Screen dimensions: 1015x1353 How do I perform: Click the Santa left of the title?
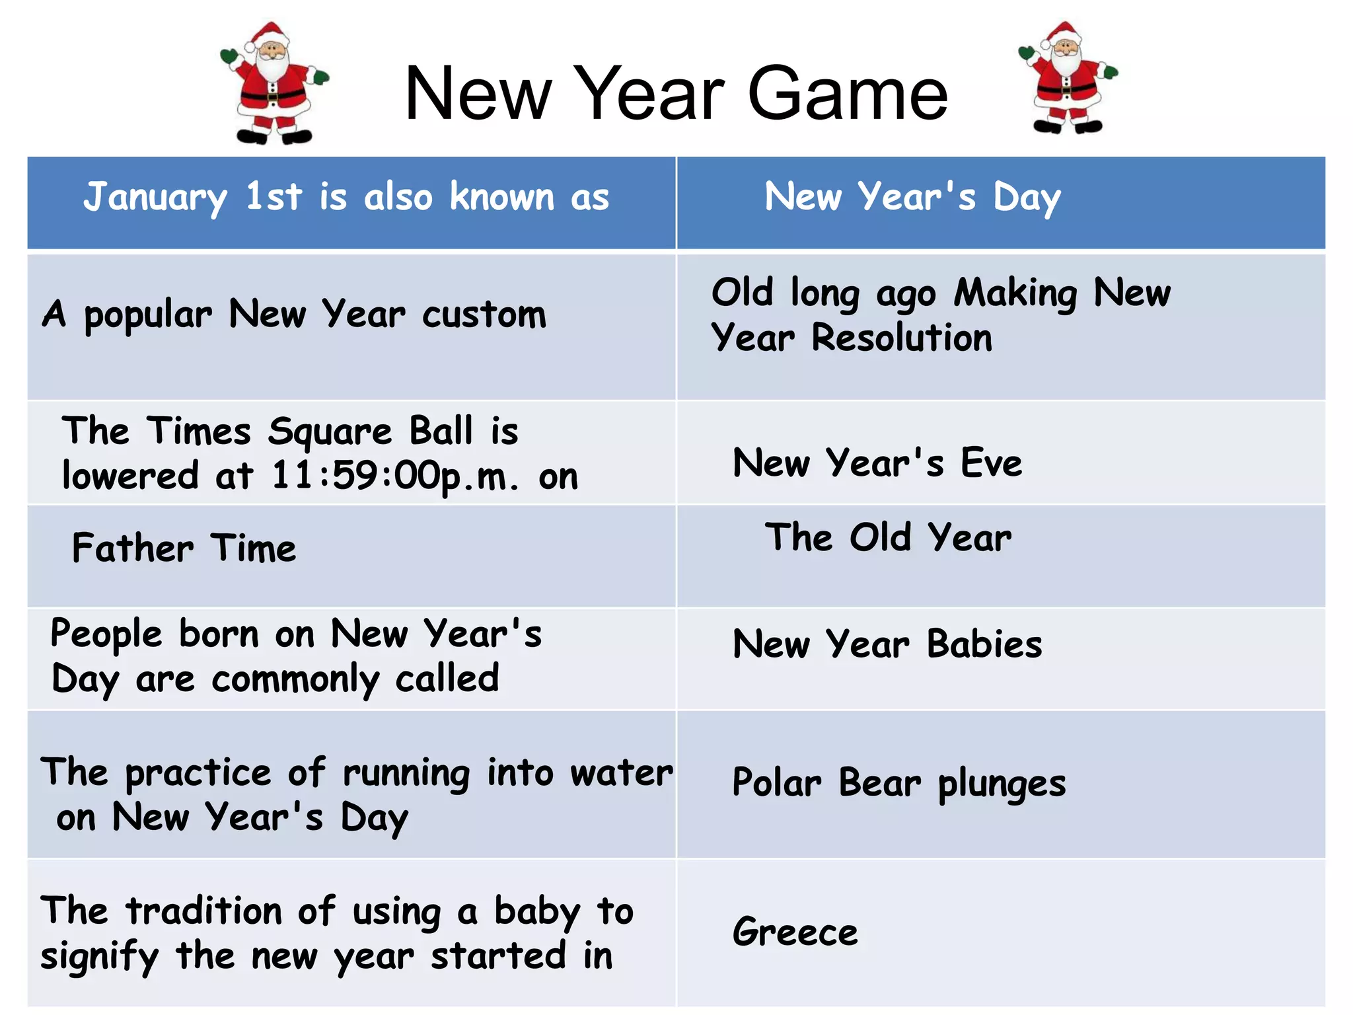coord(274,83)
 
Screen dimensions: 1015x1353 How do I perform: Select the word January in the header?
coord(155,197)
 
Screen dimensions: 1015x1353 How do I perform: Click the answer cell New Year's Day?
coord(912,197)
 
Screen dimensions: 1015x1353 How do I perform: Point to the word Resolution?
coord(901,338)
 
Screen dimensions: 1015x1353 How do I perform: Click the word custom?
coord(484,315)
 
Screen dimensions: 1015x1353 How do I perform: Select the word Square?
coord(330,432)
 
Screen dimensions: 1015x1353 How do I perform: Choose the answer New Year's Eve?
coord(877,463)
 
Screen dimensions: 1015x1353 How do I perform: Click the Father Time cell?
coord(184,548)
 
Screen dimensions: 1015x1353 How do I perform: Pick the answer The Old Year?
coord(888,537)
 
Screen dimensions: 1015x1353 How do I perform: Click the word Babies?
coord(984,644)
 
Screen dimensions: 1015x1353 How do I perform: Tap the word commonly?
coord(295,680)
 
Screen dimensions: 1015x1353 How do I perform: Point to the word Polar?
coord(777,783)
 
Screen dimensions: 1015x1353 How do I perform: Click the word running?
coord(406,773)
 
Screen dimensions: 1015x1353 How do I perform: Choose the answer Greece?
coord(795,932)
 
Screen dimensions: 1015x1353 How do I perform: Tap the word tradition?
coord(204,911)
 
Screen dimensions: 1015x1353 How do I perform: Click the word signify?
coord(100,957)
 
